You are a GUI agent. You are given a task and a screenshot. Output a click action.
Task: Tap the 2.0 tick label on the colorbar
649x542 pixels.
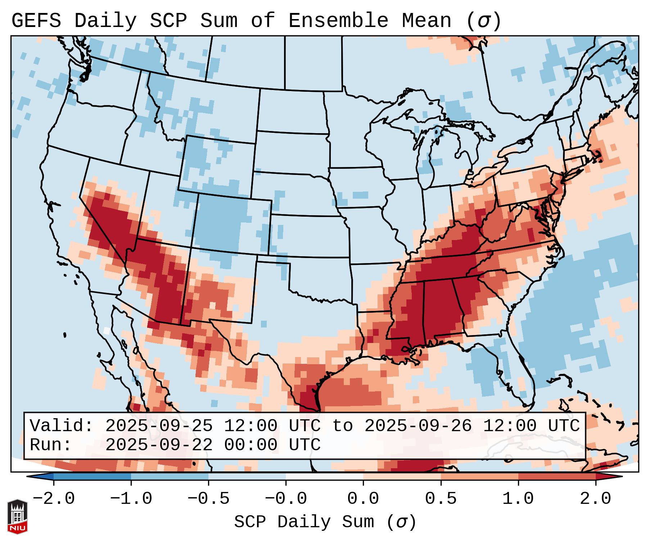pyautogui.click(x=595, y=499)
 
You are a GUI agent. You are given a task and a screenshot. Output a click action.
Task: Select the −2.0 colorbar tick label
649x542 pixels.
pyautogui.click(x=54, y=499)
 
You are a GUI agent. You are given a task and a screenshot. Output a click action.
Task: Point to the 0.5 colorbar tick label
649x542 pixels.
pyautogui.click(x=441, y=499)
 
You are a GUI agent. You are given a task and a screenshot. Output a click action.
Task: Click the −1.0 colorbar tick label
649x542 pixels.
pyautogui.click(x=131, y=499)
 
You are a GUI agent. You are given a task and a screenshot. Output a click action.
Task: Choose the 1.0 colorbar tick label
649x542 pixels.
pyautogui.click(x=518, y=499)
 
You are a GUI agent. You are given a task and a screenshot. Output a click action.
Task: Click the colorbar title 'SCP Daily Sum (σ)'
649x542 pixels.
pyautogui.click(x=325, y=522)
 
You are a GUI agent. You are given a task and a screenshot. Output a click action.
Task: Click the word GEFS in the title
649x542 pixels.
pyautogui.click(x=36, y=21)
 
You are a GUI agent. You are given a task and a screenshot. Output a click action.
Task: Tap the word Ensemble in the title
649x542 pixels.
pyautogui.click(x=338, y=21)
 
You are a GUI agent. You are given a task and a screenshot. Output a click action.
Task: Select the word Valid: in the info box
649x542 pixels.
pyautogui.click(x=62, y=426)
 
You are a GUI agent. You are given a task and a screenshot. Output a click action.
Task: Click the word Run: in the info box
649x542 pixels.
pyautogui.click(x=50, y=445)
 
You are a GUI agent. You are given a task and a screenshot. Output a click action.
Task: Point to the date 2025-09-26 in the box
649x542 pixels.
pyautogui.click(x=418, y=426)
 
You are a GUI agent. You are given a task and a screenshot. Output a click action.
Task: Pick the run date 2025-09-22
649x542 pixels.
pyautogui.click(x=159, y=445)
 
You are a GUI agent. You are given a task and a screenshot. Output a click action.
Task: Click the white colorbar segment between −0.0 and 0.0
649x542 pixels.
pyautogui.click(x=324, y=476)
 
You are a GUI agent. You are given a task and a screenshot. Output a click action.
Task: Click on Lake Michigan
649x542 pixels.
pyautogui.click(x=428, y=158)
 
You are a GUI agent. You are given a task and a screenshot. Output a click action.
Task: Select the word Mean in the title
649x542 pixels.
pyautogui.click(x=426, y=21)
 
